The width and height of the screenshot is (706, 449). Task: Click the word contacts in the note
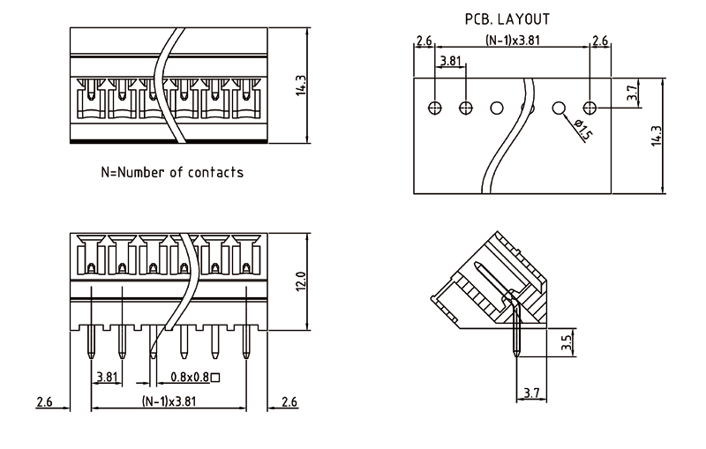214,172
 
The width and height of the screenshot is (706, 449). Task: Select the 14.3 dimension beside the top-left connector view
301,86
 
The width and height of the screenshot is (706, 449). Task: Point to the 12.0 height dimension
301,283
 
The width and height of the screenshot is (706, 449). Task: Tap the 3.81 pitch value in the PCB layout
450,61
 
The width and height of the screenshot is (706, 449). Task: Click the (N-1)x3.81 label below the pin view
169,401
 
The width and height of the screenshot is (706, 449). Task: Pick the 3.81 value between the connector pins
107,377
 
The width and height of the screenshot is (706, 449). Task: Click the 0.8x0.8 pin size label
189,378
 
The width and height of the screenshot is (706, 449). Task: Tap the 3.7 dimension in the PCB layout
632,92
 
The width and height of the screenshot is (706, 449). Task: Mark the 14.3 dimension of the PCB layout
656,135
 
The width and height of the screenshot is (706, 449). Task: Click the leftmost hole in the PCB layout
434,108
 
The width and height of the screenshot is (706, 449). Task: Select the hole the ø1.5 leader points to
559,108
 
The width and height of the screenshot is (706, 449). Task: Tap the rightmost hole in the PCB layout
590,108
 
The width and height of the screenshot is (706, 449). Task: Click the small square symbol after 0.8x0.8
215,378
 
